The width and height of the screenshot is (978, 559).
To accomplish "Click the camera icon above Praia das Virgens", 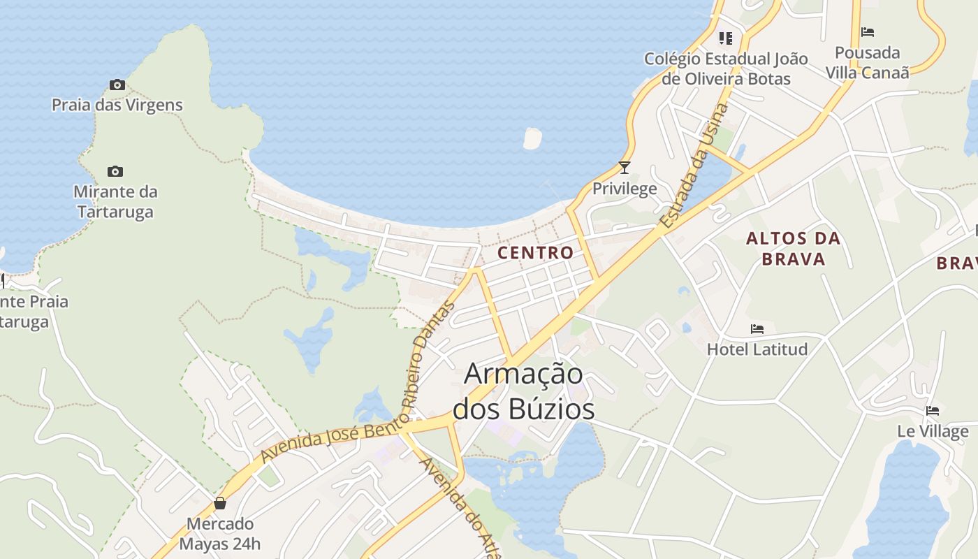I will [x=117, y=85].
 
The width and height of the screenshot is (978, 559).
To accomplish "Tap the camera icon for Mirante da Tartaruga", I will [x=115, y=171].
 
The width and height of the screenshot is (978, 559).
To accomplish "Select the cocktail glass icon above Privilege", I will [x=625, y=168].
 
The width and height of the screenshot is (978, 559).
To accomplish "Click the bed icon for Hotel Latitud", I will [x=757, y=329].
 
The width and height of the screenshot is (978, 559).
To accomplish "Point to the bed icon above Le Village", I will [x=933, y=411].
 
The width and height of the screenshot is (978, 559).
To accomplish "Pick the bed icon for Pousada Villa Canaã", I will [x=868, y=32].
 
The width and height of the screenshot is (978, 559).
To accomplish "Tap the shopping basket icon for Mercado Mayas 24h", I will [x=220, y=503].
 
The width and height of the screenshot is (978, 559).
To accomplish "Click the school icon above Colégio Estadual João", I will [x=726, y=38].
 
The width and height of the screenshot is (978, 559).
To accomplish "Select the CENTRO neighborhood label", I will [x=535, y=253].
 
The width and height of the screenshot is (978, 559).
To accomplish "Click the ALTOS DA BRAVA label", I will [x=793, y=249].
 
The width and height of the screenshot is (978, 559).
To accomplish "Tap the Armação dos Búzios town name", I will [x=523, y=391].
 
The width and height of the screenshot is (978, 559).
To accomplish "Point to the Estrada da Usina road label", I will [x=695, y=166].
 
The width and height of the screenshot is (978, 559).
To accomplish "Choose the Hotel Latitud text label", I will [x=757, y=349].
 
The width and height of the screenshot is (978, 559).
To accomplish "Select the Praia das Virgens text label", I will [x=117, y=105].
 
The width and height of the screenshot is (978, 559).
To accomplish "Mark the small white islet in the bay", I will [x=532, y=138].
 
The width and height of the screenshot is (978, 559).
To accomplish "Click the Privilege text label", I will [x=625, y=188].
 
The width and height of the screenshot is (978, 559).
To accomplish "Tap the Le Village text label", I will [x=933, y=431].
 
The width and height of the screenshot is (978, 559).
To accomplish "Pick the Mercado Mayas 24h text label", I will [x=219, y=533].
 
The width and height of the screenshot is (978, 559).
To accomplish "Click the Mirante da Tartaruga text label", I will [x=115, y=201].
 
